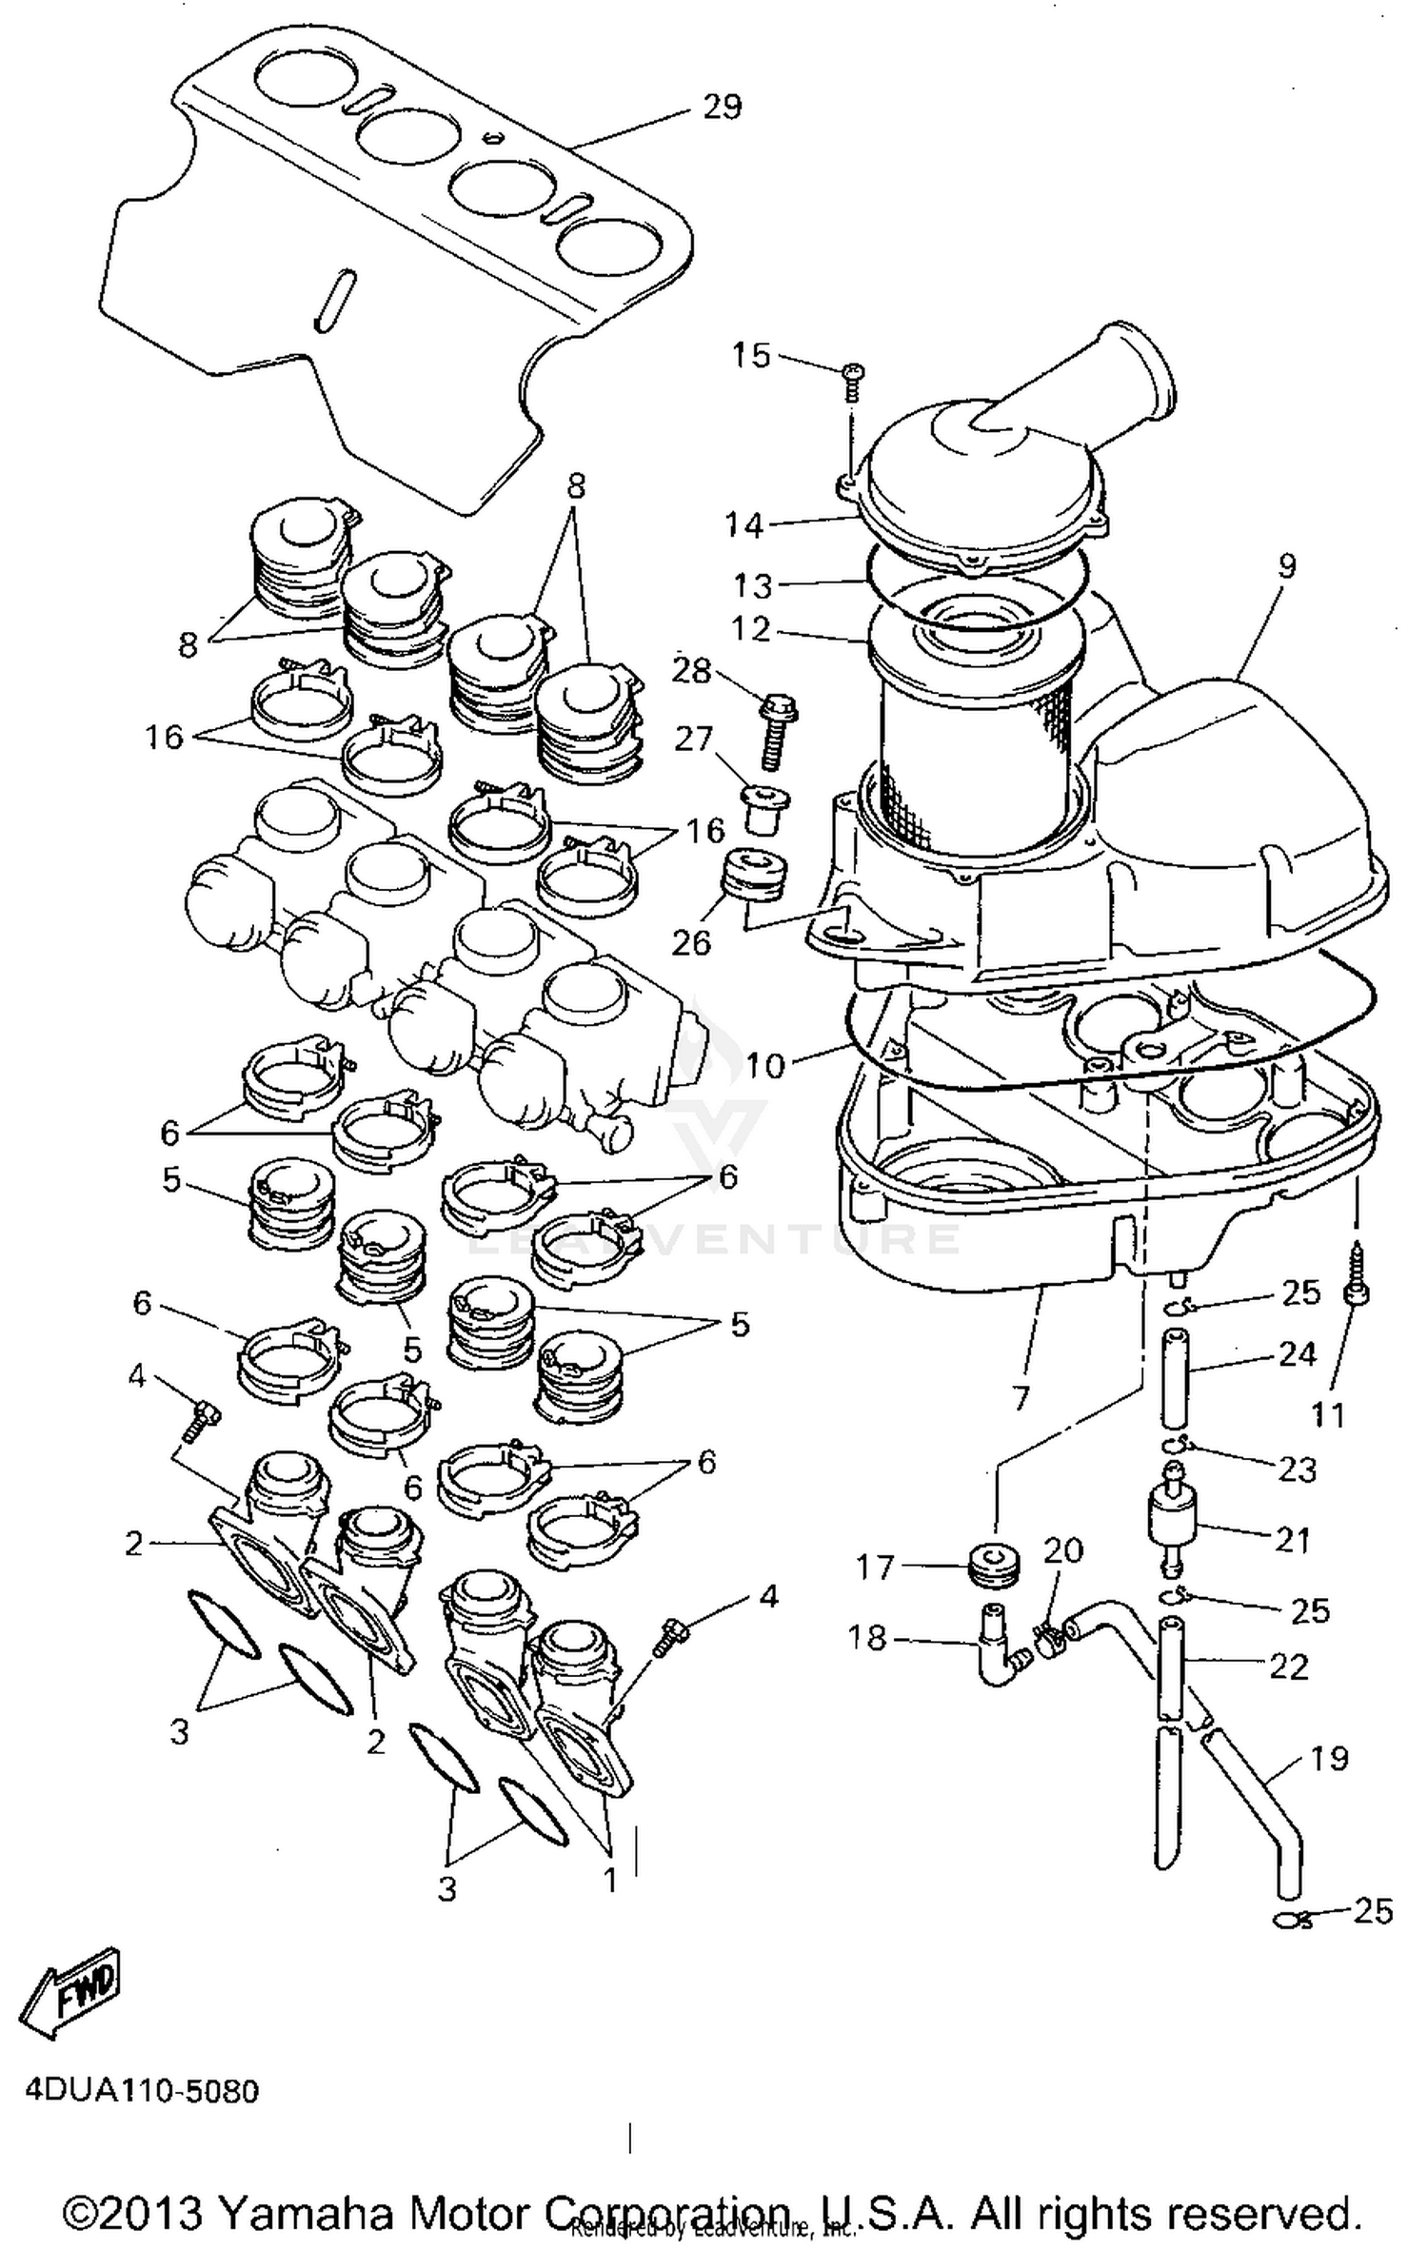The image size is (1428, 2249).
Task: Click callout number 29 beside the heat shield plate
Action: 721,107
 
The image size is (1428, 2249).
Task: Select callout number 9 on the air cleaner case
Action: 1286,567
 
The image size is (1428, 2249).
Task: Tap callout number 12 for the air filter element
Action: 751,629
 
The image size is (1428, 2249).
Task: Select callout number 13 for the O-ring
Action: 752,584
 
